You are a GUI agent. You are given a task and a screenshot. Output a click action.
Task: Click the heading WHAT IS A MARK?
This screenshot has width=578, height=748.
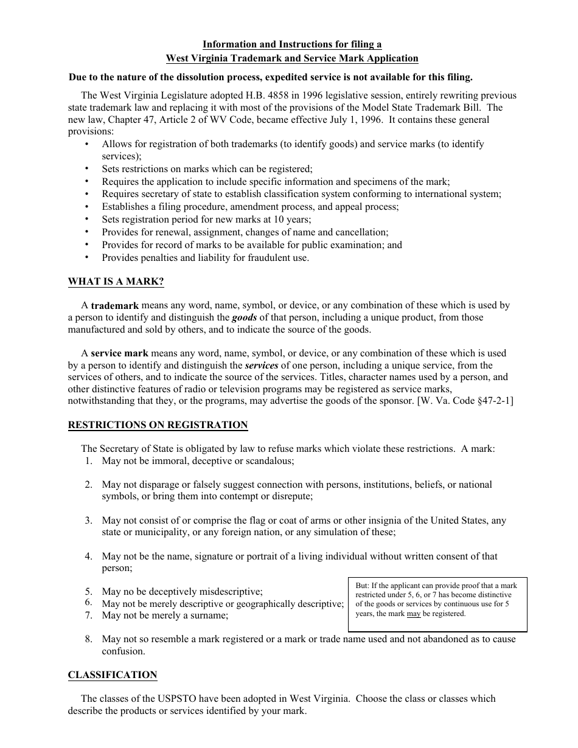pos(116,282)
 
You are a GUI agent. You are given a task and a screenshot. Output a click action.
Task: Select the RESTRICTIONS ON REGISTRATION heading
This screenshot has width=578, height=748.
pos(158,425)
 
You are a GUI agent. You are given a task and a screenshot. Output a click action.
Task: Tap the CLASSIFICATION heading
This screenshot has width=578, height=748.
pos(112,675)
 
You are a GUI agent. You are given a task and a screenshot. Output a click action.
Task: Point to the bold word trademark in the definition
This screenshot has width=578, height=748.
pos(115,306)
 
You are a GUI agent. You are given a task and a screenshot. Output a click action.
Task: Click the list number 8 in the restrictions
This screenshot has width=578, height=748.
pos(89,639)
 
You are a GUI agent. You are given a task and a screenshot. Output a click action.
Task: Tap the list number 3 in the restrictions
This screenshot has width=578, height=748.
pos(89,521)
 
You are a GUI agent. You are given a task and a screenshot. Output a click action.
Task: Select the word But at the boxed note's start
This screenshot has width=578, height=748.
pos(361,586)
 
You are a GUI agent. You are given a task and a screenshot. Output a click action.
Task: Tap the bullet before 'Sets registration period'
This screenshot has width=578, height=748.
pos(87,220)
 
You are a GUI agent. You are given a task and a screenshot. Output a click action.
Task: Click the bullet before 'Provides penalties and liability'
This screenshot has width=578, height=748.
pos(87,257)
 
